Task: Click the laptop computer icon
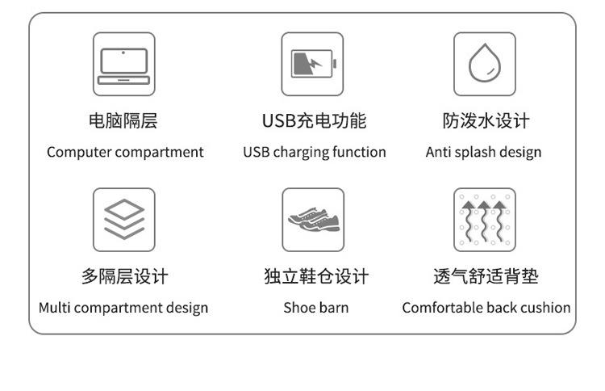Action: click(x=123, y=65)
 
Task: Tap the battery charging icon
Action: click(x=312, y=65)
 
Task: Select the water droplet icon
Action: click(x=484, y=65)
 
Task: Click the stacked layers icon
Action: click(x=123, y=220)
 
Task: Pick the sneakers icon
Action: click(x=313, y=220)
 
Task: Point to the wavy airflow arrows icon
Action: click(x=484, y=220)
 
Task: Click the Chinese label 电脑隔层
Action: click(x=123, y=121)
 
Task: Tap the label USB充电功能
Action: click(x=314, y=121)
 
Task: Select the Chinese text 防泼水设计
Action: click(x=486, y=121)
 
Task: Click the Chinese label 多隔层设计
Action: click(x=123, y=277)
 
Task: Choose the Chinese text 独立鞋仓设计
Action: click(x=315, y=277)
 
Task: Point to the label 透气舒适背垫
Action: click(x=486, y=277)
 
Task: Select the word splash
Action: click(x=474, y=153)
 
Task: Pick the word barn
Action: click(x=334, y=308)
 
